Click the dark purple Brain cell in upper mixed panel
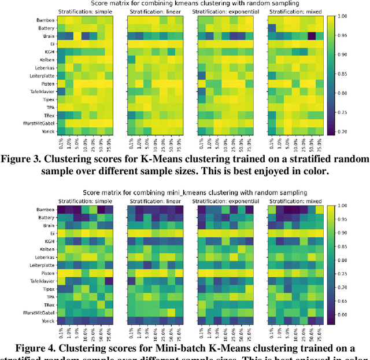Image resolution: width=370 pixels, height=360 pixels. coord(311,36)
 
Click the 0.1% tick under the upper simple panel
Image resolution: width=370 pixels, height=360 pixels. coord(61,142)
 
